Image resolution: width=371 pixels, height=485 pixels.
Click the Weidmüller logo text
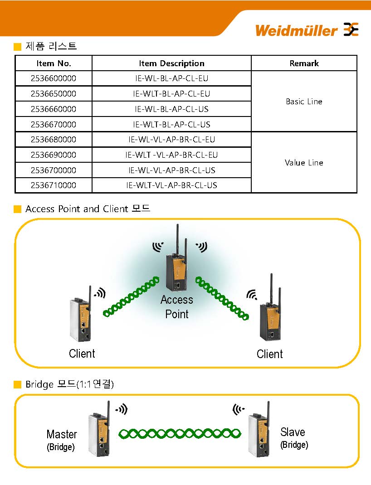(x=296, y=30)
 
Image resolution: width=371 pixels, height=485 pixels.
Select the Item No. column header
(x=54, y=63)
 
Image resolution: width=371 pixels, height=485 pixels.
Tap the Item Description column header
(x=171, y=63)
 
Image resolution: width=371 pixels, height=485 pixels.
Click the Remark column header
(x=304, y=63)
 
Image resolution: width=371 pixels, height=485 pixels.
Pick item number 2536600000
(x=54, y=78)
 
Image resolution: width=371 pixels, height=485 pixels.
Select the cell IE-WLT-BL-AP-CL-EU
(x=171, y=94)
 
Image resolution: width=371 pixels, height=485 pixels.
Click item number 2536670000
(x=54, y=124)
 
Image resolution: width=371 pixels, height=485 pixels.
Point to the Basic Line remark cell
(x=304, y=102)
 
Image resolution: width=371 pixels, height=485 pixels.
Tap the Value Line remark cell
(x=304, y=163)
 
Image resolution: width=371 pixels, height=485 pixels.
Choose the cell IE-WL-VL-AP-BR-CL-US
(x=171, y=170)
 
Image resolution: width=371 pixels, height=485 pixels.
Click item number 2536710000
(x=54, y=185)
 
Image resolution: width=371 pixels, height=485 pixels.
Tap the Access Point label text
(x=177, y=307)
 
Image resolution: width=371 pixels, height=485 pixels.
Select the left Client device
(x=80, y=320)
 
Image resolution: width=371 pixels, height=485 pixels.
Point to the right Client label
(x=269, y=354)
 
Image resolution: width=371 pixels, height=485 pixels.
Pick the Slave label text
(x=293, y=432)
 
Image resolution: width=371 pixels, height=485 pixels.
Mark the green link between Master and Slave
(x=180, y=434)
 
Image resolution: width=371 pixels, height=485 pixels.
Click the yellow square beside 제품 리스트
(x=18, y=47)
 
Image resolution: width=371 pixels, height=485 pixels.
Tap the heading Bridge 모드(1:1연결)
(x=69, y=385)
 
